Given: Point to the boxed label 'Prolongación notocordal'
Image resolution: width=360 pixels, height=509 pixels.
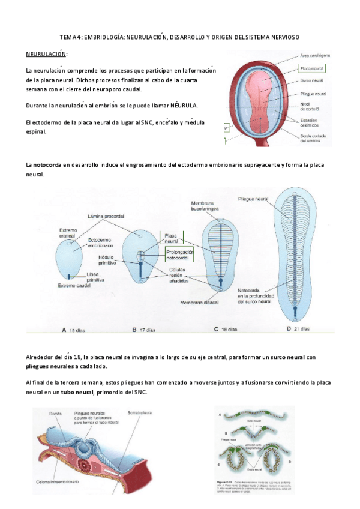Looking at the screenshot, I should [180, 255].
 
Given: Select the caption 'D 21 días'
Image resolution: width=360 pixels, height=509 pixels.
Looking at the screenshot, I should [298, 329].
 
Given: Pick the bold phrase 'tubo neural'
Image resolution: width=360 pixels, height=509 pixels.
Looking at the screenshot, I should [76, 393].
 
